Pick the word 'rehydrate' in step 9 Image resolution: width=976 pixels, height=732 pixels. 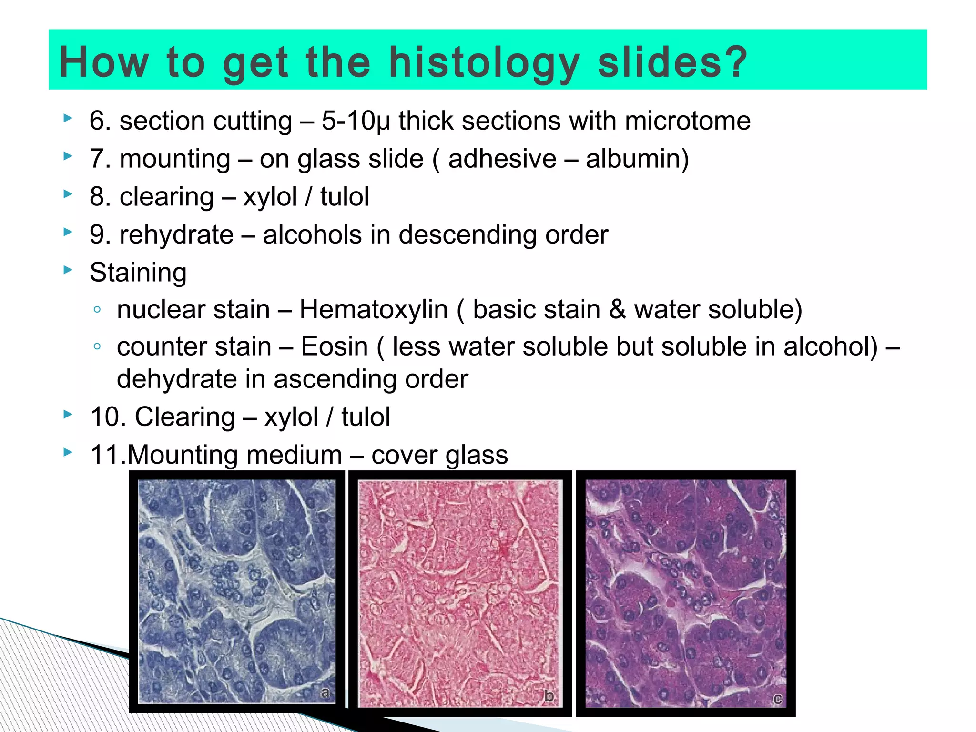coord(176,234)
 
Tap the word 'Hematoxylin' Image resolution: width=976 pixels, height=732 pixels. coord(374,309)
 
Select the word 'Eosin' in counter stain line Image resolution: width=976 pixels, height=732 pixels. coord(335,346)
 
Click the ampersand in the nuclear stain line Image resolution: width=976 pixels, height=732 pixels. coord(617,309)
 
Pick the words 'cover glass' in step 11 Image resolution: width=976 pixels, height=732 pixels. coord(439,455)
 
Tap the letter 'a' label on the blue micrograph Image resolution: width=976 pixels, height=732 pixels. coord(325,693)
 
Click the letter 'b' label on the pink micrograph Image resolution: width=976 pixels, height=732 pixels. coord(549,696)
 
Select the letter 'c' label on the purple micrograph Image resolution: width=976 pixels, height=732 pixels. coord(777,699)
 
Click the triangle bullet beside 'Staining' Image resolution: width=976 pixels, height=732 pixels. coord(68,270)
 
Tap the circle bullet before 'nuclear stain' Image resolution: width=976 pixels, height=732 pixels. coord(97,310)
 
